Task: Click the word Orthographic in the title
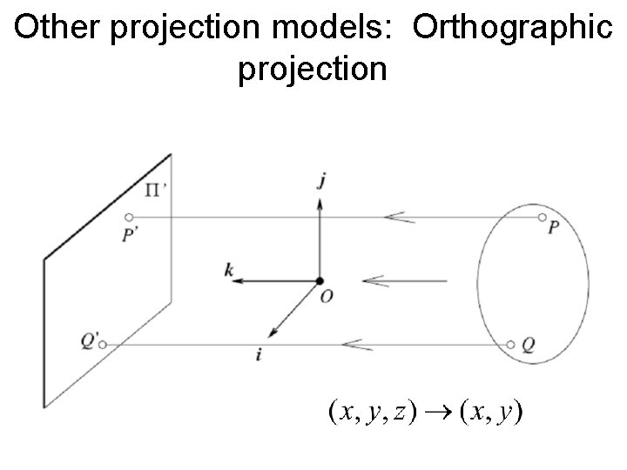(512, 28)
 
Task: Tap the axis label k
(228, 272)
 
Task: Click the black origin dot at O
(320, 281)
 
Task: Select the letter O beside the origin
(326, 298)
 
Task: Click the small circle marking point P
(542, 217)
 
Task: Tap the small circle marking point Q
(511, 345)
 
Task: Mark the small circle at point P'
(129, 217)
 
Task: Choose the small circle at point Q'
(103, 346)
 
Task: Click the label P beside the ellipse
(554, 229)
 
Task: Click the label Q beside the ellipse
(529, 345)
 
